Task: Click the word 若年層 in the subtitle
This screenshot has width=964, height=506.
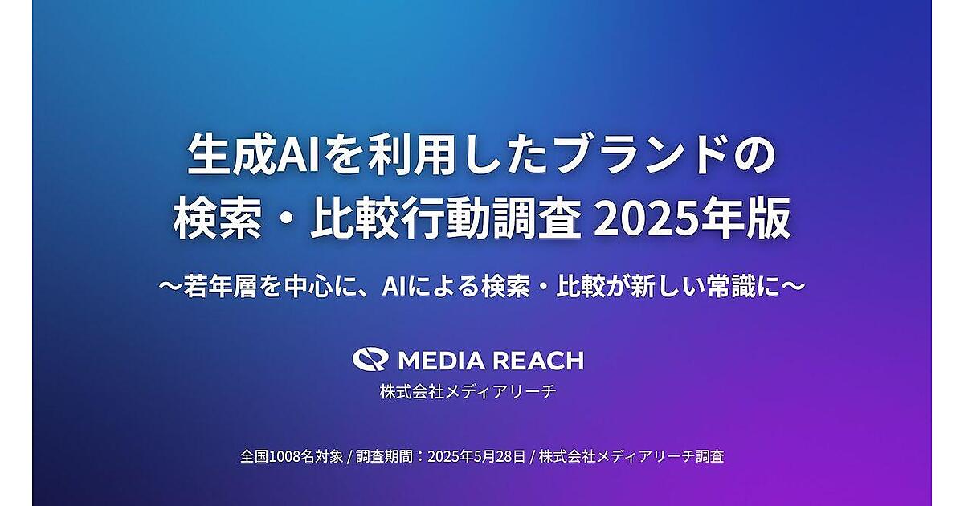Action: (220, 287)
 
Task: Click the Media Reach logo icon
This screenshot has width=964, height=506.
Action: (370, 359)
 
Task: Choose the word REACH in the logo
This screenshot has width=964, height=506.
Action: (538, 361)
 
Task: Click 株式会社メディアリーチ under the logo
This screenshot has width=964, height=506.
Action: (468, 392)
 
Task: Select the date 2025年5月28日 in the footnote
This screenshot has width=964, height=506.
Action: (476, 456)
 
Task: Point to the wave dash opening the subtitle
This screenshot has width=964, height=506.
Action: (171, 287)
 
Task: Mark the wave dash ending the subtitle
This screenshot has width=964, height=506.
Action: (793, 287)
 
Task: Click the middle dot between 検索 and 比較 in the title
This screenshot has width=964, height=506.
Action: (286, 219)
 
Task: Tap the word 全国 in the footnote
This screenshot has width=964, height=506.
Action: (255, 456)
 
